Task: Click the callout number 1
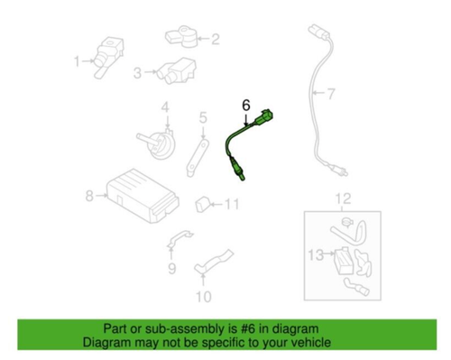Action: coord(77,61)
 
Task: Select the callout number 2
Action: coord(215,39)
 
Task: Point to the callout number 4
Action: coord(166,109)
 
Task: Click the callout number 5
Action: coord(203,116)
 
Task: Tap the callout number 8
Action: coord(88,195)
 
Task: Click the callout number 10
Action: coord(203,296)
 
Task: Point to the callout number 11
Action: coord(233,204)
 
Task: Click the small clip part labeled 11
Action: coord(204,201)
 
